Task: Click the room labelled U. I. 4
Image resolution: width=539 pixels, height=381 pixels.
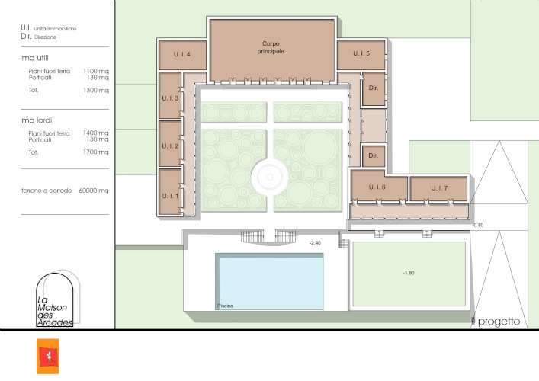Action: pos(182,55)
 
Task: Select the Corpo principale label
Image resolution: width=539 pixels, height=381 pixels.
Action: pos(271,47)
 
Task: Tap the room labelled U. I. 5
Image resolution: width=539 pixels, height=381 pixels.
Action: pos(361,55)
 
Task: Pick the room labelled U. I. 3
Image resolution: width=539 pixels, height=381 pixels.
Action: pos(170,95)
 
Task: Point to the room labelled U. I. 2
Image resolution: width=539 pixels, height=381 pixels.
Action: pos(170,143)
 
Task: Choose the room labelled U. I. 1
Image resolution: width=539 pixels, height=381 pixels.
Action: pos(170,191)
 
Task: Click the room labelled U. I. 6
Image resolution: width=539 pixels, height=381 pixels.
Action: pos(378,185)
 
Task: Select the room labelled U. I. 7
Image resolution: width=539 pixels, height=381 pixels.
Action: pos(439,188)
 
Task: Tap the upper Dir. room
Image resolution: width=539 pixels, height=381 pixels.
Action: pos(374,88)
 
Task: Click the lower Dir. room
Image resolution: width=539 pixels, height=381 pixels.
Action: pos(374,156)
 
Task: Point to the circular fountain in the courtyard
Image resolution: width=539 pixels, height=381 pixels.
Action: pos(270,177)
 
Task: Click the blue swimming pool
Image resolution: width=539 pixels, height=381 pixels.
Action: pos(270,282)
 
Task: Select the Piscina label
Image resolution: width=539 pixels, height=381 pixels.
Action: pos(225,306)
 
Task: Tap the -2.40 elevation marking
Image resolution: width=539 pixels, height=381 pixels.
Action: pos(315,243)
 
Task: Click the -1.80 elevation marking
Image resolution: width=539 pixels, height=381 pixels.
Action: pos(409,273)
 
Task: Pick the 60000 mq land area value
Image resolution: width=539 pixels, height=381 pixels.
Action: pos(94,190)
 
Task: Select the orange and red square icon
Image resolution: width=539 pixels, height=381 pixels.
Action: pos(48,357)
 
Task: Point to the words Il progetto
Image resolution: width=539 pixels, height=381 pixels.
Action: pos(496,322)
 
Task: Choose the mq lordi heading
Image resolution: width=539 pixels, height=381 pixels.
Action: pos(37,120)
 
